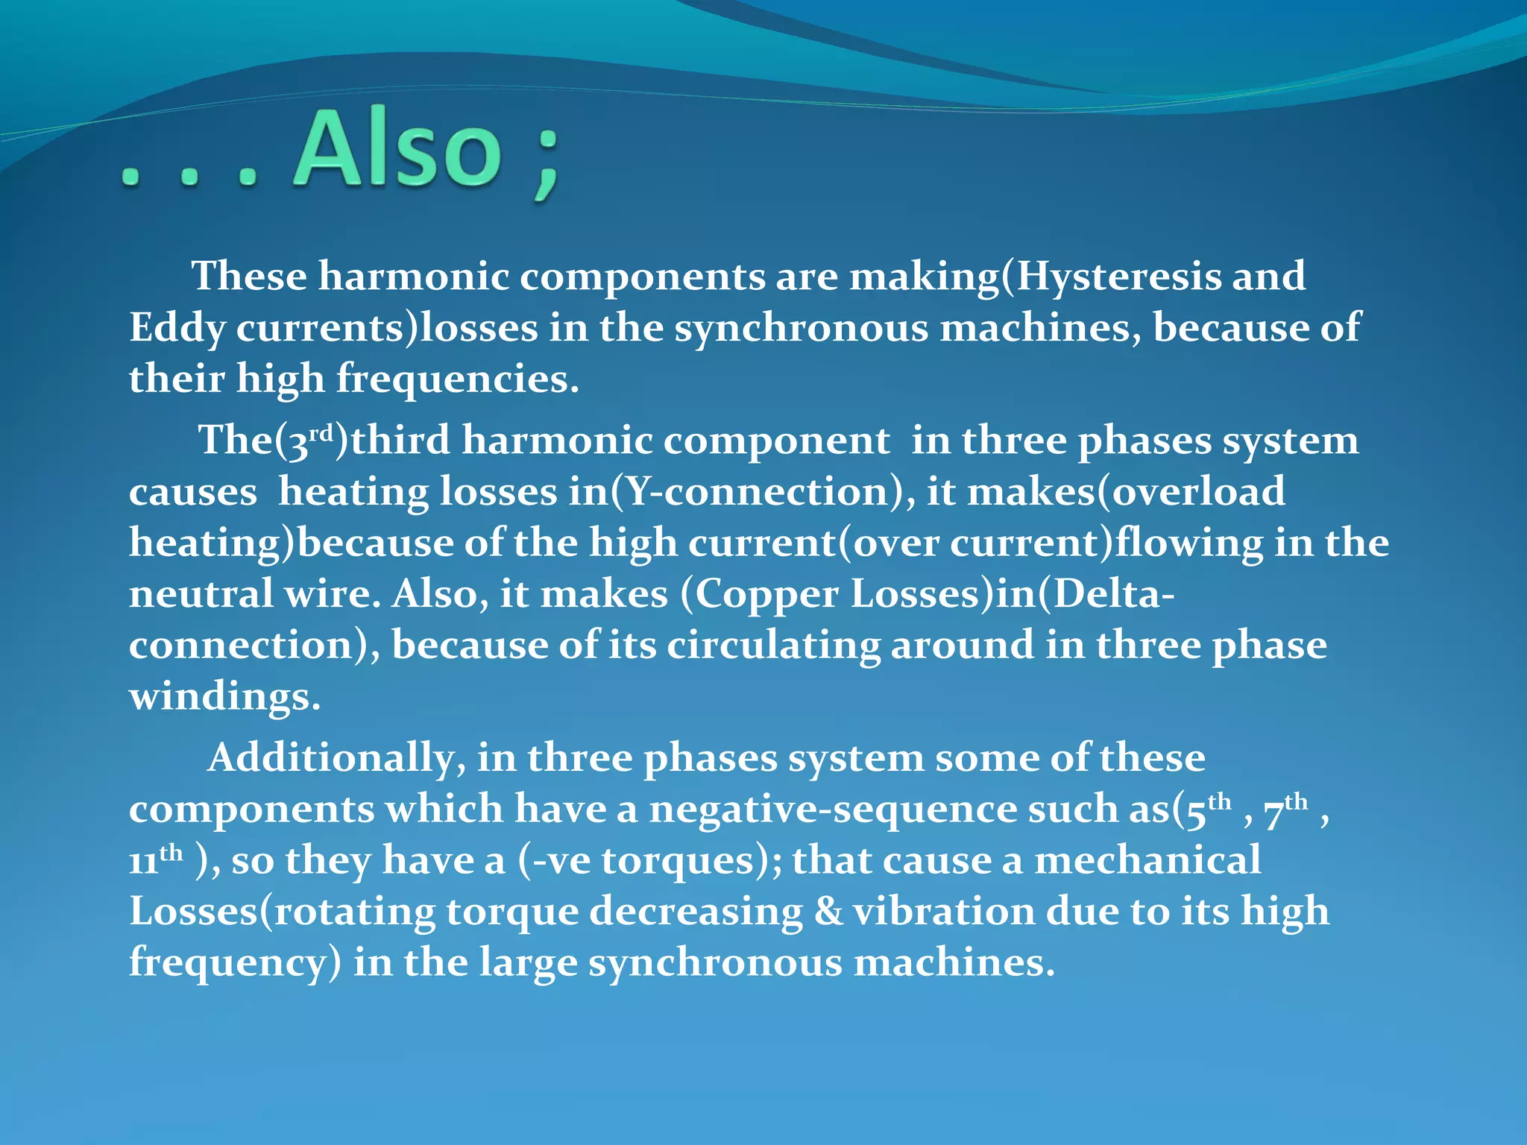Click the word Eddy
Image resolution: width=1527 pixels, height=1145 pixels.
coord(177,329)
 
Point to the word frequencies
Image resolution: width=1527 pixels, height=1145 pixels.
coord(456,379)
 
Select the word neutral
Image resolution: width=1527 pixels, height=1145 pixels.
coord(201,595)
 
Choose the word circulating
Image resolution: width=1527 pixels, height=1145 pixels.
coord(773,646)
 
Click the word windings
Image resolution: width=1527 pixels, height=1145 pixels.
coord(224,697)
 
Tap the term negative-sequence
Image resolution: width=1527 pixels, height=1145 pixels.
coord(832,810)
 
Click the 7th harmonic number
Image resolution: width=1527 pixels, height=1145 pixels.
coord(1286,810)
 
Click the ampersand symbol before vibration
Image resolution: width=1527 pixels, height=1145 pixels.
coord(828,912)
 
